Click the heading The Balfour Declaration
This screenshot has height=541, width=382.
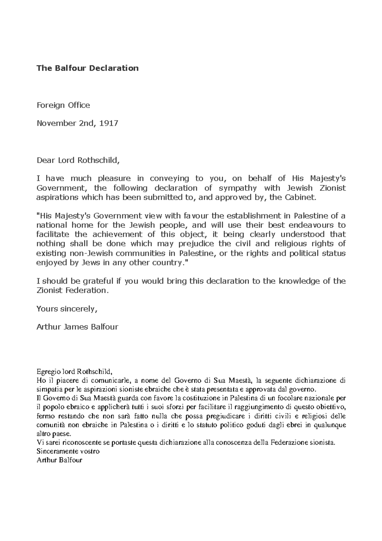[x=88, y=68]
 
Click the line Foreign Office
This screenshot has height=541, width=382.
[x=63, y=105]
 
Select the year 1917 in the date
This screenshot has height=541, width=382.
[x=109, y=123]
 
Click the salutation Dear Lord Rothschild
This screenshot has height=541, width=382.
[x=78, y=160]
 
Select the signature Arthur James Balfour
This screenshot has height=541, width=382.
[x=77, y=327]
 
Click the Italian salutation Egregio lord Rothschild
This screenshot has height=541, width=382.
[x=74, y=371]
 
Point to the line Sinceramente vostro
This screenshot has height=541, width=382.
[x=68, y=451]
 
